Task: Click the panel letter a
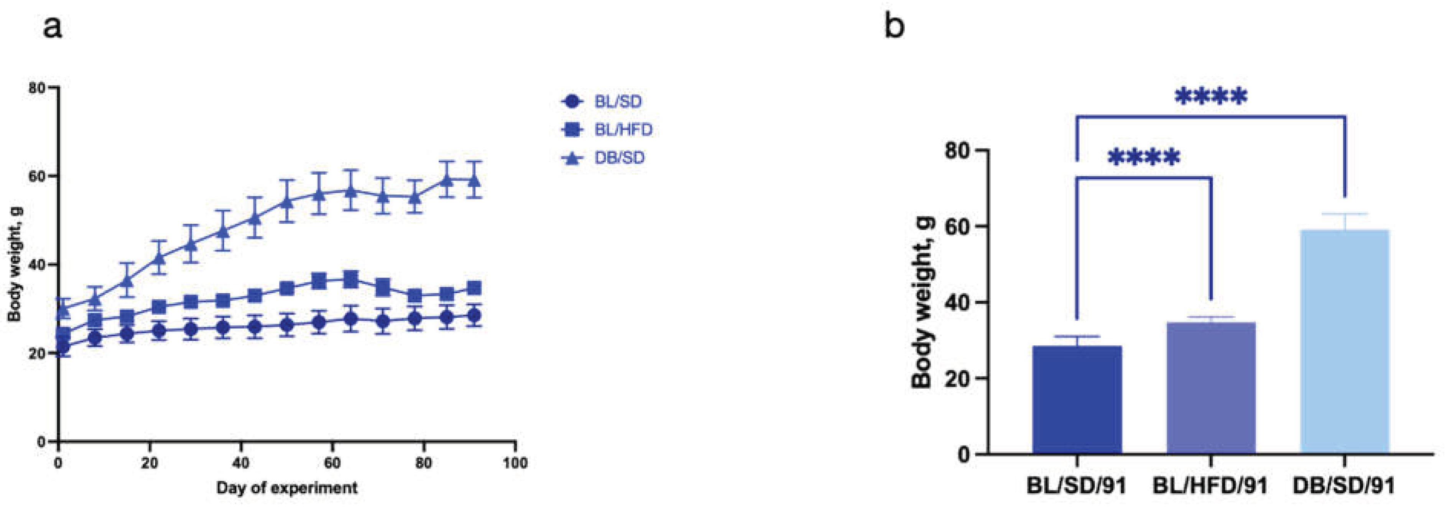(53, 27)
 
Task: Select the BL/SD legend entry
(602, 102)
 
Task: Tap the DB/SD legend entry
(603, 158)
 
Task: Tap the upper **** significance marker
(1211, 97)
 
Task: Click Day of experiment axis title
(286, 488)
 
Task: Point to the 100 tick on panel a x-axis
(515, 463)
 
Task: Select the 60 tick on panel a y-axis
(39, 176)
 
